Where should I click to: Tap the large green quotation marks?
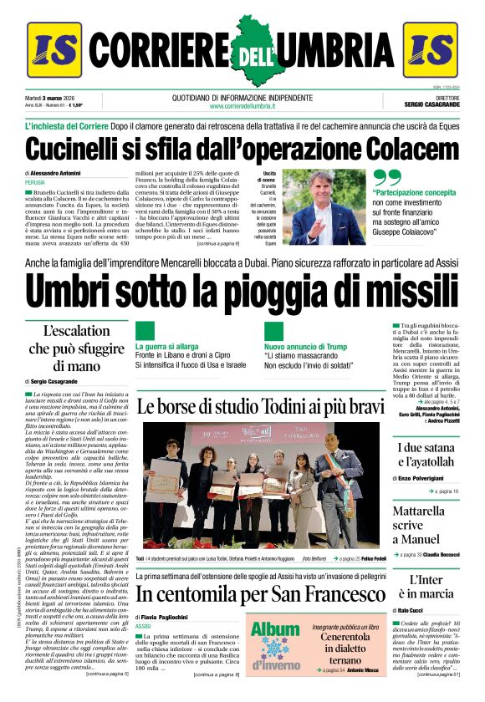click(386, 178)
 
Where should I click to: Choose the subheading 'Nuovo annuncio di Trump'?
click(305, 345)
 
